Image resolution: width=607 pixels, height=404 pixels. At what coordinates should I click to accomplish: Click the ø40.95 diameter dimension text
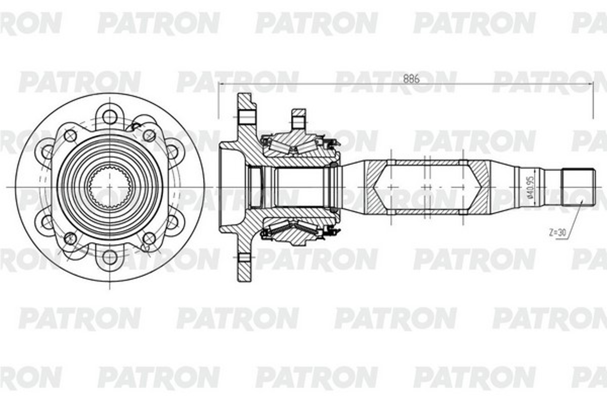pyautogui.click(x=531, y=187)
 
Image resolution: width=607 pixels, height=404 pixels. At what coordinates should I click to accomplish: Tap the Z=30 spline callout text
pyautogui.click(x=557, y=233)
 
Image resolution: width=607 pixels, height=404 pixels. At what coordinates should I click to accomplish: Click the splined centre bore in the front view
pyautogui.click(x=110, y=187)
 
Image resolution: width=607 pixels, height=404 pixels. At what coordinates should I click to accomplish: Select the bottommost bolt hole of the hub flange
pyautogui.click(x=110, y=257)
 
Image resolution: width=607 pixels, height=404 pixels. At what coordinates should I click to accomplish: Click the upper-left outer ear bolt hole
pyautogui.click(x=47, y=152)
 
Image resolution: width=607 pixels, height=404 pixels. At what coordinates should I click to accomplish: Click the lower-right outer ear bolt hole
pyautogui.click(x=172, y=222)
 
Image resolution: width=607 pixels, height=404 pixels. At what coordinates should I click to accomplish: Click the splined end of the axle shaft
pyautogui.click(x=578, y=187)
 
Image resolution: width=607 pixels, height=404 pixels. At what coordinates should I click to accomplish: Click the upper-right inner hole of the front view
pyautogui.click(x=149, y=136)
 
